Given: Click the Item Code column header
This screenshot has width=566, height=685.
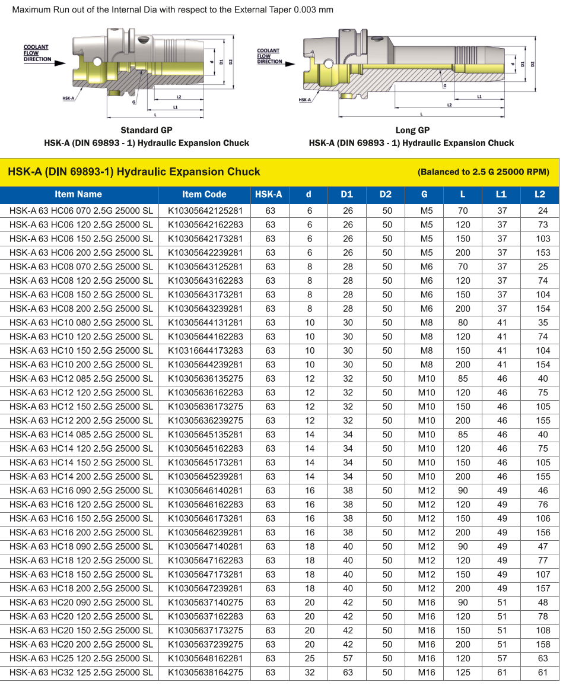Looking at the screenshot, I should pos(204,194).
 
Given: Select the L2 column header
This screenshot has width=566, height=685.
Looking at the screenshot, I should pos(539,194).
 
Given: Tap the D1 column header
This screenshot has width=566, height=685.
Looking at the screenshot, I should pos(347,194).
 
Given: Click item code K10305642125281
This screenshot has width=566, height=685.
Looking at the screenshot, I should pos(205,211).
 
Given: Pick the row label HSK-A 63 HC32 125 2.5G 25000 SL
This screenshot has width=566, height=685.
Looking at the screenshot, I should pos(81,673).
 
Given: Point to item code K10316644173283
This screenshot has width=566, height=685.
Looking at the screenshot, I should pos(205,351).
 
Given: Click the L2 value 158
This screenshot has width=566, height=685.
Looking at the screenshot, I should pos(542,645).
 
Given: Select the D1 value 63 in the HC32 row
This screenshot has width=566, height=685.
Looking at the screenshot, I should pos(348,673).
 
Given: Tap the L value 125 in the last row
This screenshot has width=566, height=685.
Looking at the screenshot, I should pos(463,673).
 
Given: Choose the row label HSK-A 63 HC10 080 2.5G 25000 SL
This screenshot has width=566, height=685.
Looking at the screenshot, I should pos(81,323).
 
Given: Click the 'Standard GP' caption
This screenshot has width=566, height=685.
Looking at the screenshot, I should pos(147,130).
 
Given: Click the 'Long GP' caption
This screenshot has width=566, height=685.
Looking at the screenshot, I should pos(412,130).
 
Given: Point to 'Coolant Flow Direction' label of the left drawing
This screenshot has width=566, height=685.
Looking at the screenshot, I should pos(36,53).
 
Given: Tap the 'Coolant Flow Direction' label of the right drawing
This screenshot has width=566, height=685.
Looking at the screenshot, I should pos(269,56).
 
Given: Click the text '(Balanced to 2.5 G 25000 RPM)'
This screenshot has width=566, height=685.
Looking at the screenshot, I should pos(484,172).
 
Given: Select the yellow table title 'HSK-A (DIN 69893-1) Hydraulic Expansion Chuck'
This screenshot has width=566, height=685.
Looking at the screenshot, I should pos(134,172).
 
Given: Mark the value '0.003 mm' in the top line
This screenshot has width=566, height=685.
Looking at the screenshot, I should pos(313,9).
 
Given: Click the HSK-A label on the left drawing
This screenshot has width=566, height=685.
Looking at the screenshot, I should pos(68,98).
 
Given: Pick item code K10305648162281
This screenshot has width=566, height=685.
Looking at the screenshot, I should pos(205,658).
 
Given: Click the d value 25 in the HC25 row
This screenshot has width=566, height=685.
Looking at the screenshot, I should pos(309,658).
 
